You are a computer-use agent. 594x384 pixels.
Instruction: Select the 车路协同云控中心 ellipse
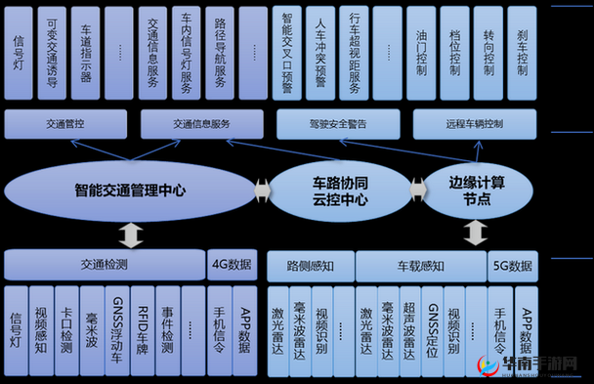click(x=340, y=190)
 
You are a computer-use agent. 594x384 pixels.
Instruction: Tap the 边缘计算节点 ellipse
click(x=476, y=190)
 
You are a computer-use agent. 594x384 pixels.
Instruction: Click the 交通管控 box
click(x=65, y=125)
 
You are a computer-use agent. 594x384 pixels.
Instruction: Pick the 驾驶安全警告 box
click(x=338, y=125)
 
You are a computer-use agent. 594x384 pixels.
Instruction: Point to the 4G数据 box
click(x=232, y=264)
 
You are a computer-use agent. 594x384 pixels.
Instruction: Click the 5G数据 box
click(x=513, y=265)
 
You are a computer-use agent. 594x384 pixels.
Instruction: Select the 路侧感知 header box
click(x=310, y=265)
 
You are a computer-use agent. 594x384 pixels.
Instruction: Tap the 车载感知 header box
click(x=420, y=265)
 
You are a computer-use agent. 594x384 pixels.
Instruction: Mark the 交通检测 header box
click(x=104, y=264)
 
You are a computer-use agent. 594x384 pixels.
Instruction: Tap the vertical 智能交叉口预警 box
click(x=286, y=54)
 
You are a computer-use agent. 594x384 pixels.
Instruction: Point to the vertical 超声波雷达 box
click(x=410, y=330)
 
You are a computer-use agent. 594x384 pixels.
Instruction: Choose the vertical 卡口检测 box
click(x=65, y=330)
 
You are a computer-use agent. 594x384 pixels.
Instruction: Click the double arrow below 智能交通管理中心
click(x=129, y=235)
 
